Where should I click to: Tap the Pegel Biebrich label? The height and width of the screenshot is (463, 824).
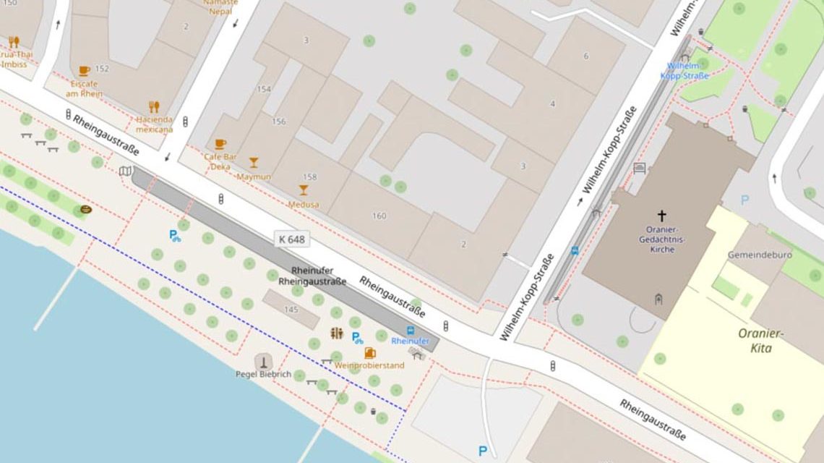263,374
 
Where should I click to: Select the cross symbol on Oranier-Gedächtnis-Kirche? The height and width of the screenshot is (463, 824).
661,216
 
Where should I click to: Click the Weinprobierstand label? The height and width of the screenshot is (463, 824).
369,365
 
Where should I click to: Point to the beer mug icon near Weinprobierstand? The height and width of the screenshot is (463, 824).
370,353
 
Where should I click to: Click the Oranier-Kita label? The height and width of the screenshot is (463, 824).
760,341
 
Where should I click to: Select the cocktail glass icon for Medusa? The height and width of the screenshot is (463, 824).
303,190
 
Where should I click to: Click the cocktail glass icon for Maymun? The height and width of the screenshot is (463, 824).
254,163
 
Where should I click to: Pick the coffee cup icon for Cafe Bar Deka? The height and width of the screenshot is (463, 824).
220,144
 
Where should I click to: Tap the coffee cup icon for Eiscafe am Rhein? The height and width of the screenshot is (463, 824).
84,71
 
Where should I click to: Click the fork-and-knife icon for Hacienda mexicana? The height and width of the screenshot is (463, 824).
153,107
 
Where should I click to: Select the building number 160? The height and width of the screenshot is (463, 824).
379,216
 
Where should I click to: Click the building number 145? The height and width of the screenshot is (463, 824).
291,310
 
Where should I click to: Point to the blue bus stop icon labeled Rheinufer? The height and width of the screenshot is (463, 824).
411,331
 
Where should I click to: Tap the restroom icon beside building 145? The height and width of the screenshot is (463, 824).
336,334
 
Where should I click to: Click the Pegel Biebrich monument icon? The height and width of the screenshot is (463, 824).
264,361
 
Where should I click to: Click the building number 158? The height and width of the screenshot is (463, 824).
309,177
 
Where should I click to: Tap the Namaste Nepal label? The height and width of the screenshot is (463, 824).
220,7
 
